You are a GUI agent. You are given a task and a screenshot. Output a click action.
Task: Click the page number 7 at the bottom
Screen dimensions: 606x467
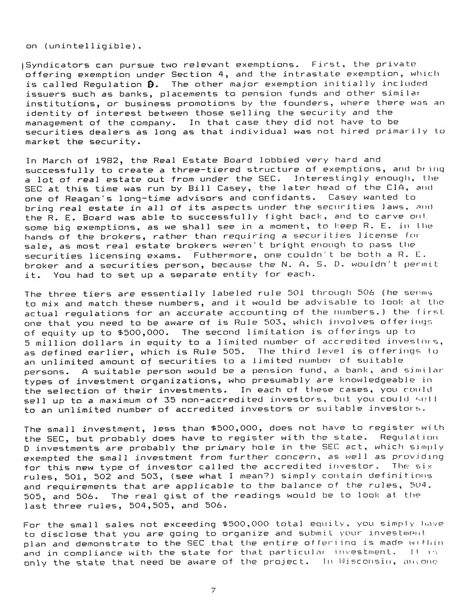pyautogui.click(x=213, y=591)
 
